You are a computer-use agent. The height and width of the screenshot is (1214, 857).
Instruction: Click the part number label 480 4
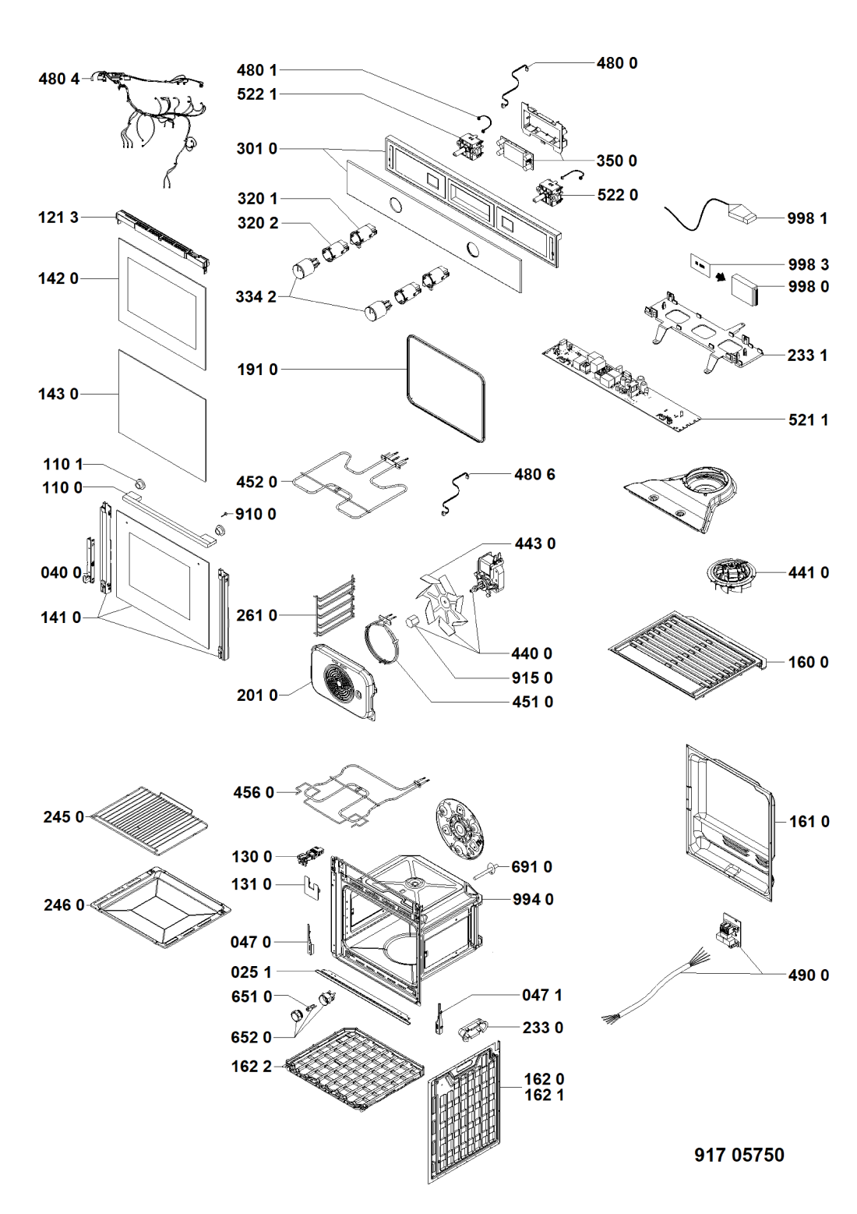(x=59, y=79)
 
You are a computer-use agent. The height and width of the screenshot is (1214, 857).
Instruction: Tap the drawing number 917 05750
(x=739, y=1155)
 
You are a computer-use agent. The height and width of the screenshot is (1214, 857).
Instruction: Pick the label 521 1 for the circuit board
(x=808, y=419)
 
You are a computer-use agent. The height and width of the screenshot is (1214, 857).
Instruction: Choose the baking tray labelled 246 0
(x=160, y=908)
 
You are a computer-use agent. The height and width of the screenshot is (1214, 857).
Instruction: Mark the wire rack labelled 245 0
(x=149, y=819)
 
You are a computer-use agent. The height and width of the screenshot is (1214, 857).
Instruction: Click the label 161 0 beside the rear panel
(x=809, y=821)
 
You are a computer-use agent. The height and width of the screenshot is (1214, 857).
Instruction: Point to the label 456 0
(x=254, y=792)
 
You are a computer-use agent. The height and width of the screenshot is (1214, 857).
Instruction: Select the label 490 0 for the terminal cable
(x=808, y=975)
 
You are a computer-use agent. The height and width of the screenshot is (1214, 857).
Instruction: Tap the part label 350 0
(x=616, y=161)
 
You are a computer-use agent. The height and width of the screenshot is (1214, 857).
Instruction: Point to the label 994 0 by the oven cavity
(x=533, y=899)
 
